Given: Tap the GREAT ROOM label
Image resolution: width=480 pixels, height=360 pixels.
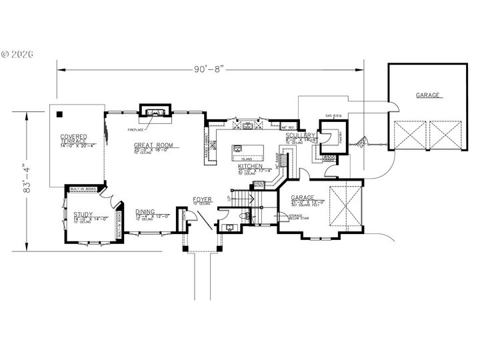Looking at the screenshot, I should [153, 145].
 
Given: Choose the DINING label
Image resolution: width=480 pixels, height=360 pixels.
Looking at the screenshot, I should [146, 212].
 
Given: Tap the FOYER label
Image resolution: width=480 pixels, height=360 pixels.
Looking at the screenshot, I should [202, 199].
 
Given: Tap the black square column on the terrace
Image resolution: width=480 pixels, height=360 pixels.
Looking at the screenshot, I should [59, 113].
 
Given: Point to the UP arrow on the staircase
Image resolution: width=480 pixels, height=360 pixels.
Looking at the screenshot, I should [229, 198].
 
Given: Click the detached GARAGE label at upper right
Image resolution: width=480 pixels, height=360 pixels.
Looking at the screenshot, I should [427, 95].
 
